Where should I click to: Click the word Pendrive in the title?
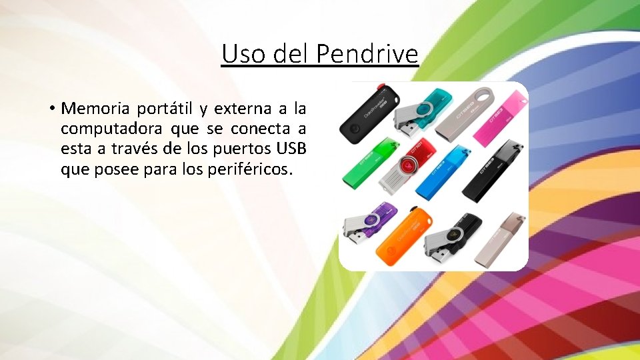pos(367,53)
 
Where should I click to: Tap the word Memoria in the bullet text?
pos(96,107)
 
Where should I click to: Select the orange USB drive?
pos(400,236)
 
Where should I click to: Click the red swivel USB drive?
pos(405,167)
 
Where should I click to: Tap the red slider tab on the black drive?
pos(381,87)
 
